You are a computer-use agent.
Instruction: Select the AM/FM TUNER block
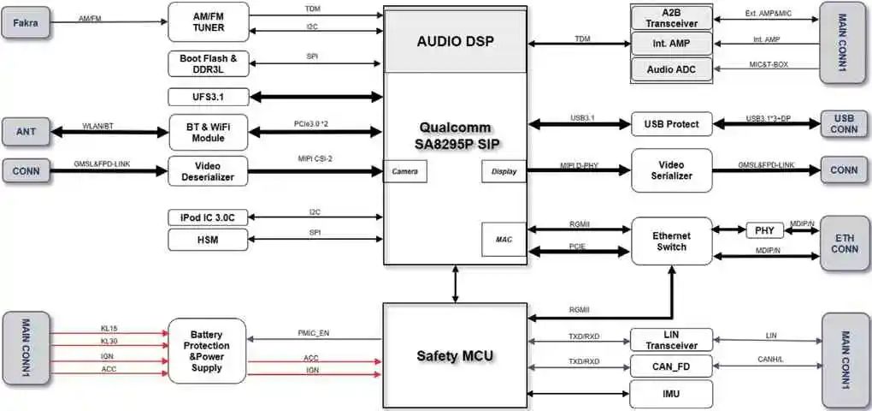[209, 21]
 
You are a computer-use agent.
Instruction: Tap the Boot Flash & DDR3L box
[209, 63]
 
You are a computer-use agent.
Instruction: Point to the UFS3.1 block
[209, 97]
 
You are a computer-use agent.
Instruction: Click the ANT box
[26, 132]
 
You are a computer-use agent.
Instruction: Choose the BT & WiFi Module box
[209, 132]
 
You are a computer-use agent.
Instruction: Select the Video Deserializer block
[209, 170]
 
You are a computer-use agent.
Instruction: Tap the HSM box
[209, 241]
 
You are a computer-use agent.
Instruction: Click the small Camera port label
[404, 171]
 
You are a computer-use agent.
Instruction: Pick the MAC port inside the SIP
[504, 239]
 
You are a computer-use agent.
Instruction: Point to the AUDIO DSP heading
[456, 41]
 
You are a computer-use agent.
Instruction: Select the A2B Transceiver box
[672, 17]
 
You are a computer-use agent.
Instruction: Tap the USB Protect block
[671, 124]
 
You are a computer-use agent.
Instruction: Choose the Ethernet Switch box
[671, 241]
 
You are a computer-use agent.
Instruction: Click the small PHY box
[763, 230]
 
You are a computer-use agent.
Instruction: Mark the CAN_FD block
[671, 368]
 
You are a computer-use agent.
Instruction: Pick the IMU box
[671, 394]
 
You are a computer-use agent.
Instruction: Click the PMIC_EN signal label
[311, 333]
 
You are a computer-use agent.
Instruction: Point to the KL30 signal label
[109, 342]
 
